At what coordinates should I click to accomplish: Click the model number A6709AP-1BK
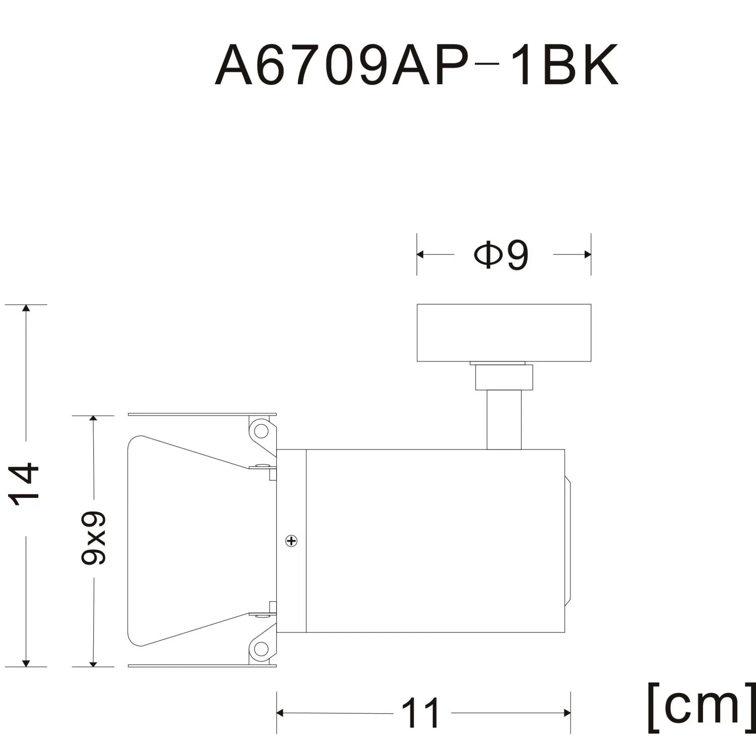(x=416, y=66)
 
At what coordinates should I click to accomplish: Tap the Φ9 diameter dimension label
(x=501, y=255)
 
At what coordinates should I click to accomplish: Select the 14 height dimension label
(x=24, y=484)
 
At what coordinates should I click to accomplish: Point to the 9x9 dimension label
(x=93, y=538)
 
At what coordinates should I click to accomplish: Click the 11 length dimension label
(x=420, y=713)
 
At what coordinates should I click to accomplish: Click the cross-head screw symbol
(x=291, y=541)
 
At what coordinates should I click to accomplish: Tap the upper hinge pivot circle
(x=261, y=431)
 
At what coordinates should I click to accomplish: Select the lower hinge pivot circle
(x=261, y=649)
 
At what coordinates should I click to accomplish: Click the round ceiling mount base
(x=504, y=333)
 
